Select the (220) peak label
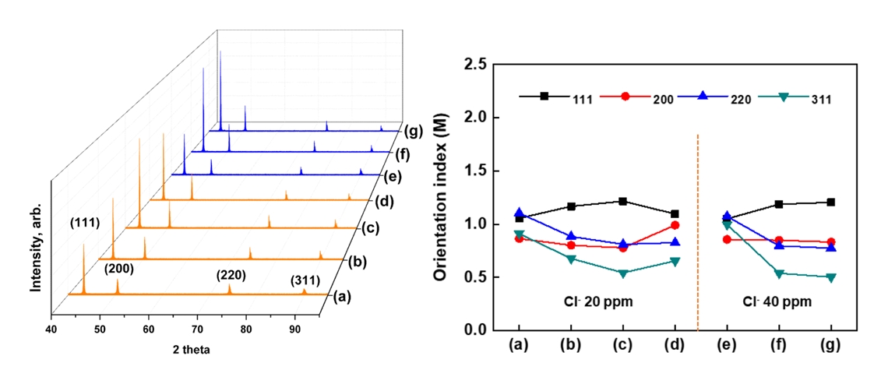[x=232, y=275]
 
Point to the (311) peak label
[x=305, y=280]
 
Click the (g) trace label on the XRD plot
[x=412, y=130]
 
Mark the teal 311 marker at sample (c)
[x=622, y=273]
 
